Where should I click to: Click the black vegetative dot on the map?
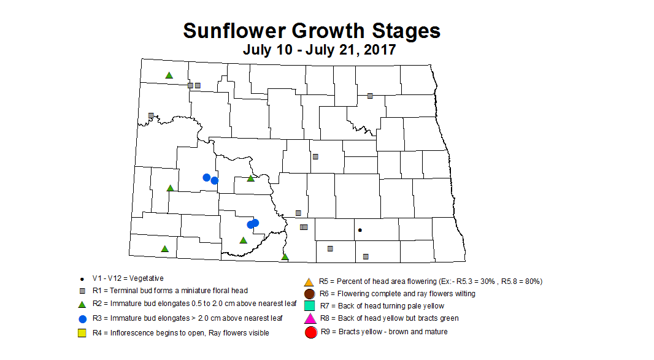[360, 230]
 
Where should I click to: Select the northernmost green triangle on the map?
[169, 75]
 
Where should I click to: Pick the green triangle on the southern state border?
[285, 256]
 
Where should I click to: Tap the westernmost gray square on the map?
[151, 115]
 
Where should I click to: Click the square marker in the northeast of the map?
[370, 96]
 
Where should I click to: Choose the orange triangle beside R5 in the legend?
[310, 282]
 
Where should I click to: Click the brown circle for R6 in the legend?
[310, 294]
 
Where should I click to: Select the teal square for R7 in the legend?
[310, 305]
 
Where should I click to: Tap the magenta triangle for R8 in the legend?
[310, 318]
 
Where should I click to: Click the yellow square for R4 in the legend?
[82, 333]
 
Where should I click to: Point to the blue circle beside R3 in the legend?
[82, 318]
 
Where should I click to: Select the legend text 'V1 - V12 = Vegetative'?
[128, 278]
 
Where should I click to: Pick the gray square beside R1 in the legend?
[82, 290]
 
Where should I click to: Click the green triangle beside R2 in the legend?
[82, 304]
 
